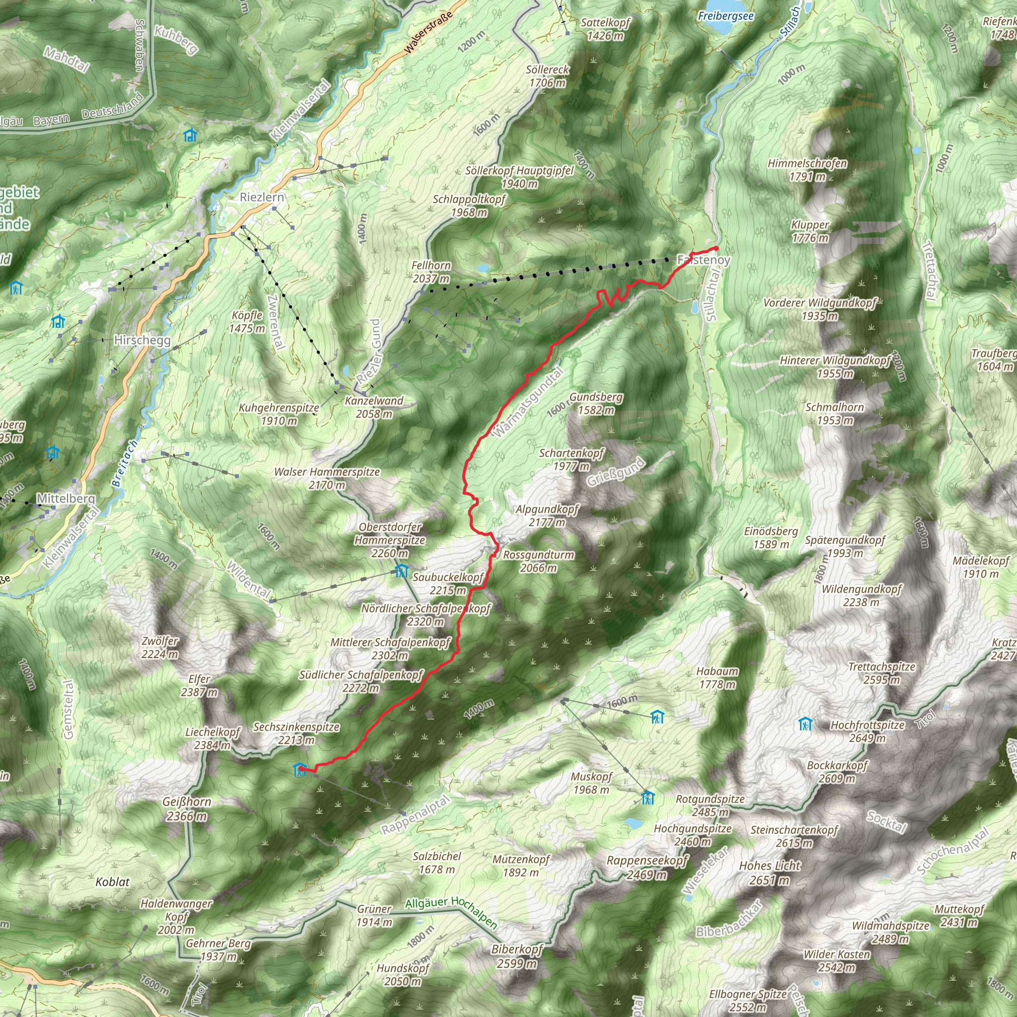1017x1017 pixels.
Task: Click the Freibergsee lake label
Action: pyautogui.click(x=726, y=16)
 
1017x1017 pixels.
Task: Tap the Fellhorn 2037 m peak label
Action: pyautogui.click(x=431, y=272)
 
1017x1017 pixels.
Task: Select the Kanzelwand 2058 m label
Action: pyautogui.click(x=374, y=407)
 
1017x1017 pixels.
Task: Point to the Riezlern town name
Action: pyautogui.click(x=262, y=198)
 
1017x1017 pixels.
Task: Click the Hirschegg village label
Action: pyautogui.click(x=142, y=340)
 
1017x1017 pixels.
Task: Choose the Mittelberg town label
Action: pyautogui.click(x=66, y=498)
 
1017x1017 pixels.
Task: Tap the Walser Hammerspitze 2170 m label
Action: pyautogui.click(x=327, y=478)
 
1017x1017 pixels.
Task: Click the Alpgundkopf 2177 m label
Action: pyautogui.click(x=547, y=515)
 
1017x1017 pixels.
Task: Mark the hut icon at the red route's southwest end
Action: pyautogui.click(x=299, y=770)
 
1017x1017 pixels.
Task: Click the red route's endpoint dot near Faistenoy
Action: pyautogui.click(x=717, y=248)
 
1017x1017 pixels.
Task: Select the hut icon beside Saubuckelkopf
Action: pyautogui.click(x=402, y=571)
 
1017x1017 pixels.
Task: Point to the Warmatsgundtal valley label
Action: pyautogui.click(x=527, y=402)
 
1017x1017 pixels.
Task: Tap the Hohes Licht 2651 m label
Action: pyautogui.click(x=770, y=873)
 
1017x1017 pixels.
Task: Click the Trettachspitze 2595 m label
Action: pyautogui.click(x=882, y=673)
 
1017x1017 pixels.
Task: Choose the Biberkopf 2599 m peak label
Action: pyautogui.click(x=517, y=956)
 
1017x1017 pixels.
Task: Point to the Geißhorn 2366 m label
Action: pyautogui.click(x=187, y=808)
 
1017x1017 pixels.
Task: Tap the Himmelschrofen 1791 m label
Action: pyautogui.click(x=807, y=169)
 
